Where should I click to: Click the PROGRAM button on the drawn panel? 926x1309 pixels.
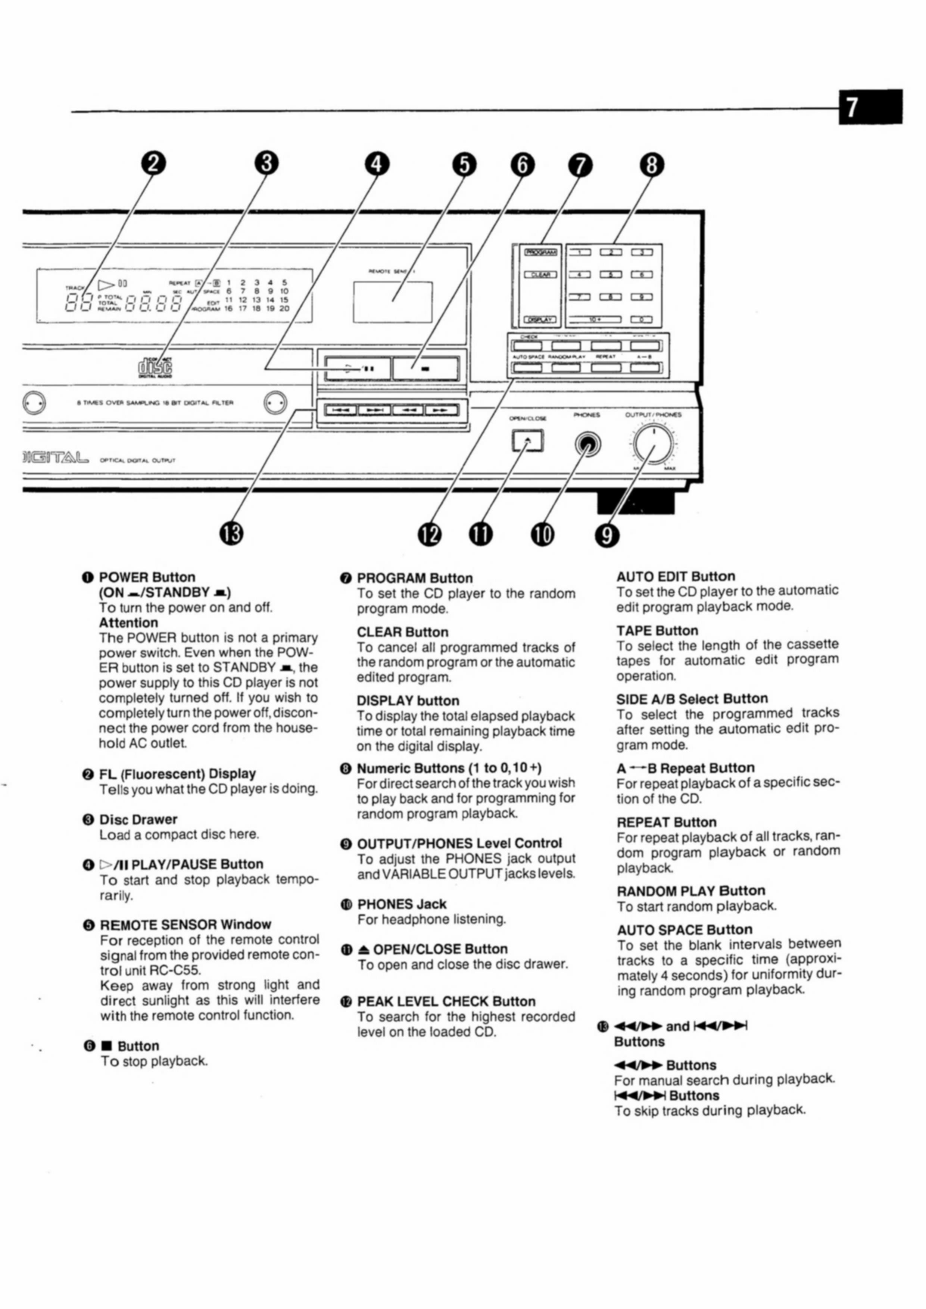tap(540, 252)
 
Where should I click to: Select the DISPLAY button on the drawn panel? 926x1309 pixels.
tap(540, 320)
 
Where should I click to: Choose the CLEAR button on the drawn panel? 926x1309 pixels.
tap(540, 275)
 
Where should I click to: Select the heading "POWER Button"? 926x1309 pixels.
tap(147, 577)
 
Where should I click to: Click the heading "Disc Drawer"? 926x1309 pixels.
tap(138, 819)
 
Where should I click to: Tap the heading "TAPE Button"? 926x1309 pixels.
tap(657, 630)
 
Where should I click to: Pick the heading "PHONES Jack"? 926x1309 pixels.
tap(402, 904)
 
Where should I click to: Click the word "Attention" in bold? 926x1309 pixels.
tap(128, 623)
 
